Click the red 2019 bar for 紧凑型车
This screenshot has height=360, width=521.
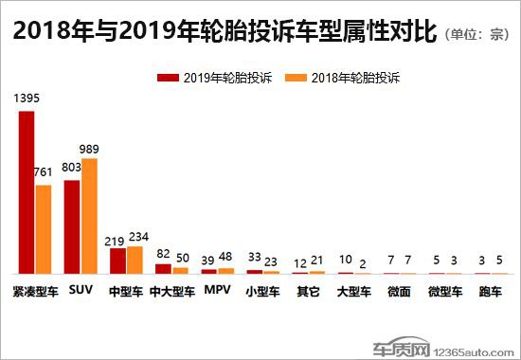coord(27,192)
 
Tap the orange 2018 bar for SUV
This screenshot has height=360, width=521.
coord(89,216)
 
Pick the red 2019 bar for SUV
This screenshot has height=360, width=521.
coord(72,226)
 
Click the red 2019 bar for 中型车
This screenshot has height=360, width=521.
coord(117,261)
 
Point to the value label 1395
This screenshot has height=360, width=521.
coord(27,98)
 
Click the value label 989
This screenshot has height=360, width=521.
coord(89,148)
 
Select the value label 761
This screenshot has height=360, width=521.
coord(44,173)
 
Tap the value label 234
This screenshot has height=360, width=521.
coord(138,237)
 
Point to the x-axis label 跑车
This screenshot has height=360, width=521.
coord(490,292)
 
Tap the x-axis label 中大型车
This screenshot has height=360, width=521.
coord(171,292)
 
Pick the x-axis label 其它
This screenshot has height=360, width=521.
coord(308,292)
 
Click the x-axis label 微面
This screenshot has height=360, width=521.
coord(399,292)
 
